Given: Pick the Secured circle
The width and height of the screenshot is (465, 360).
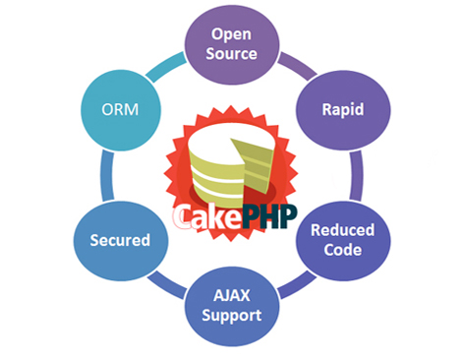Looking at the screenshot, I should (120, 239).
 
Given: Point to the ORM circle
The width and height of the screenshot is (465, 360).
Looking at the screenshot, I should (118, 107).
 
